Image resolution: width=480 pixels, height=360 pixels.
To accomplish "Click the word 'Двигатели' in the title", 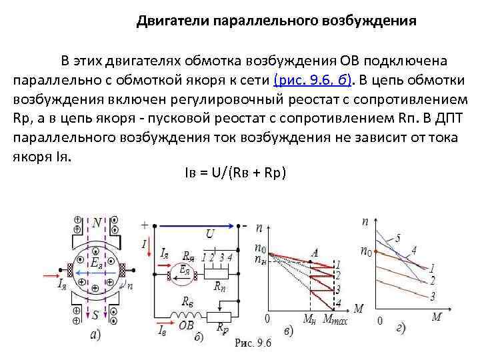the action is click(172, 21).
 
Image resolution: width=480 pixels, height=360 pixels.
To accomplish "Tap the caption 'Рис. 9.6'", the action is click(254, 343).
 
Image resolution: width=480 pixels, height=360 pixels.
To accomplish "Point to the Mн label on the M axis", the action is click(309, 320).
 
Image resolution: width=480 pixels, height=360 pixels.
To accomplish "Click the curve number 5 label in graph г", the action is click(398, 238).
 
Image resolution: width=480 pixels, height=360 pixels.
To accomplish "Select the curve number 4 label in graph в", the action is click(339, 304).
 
